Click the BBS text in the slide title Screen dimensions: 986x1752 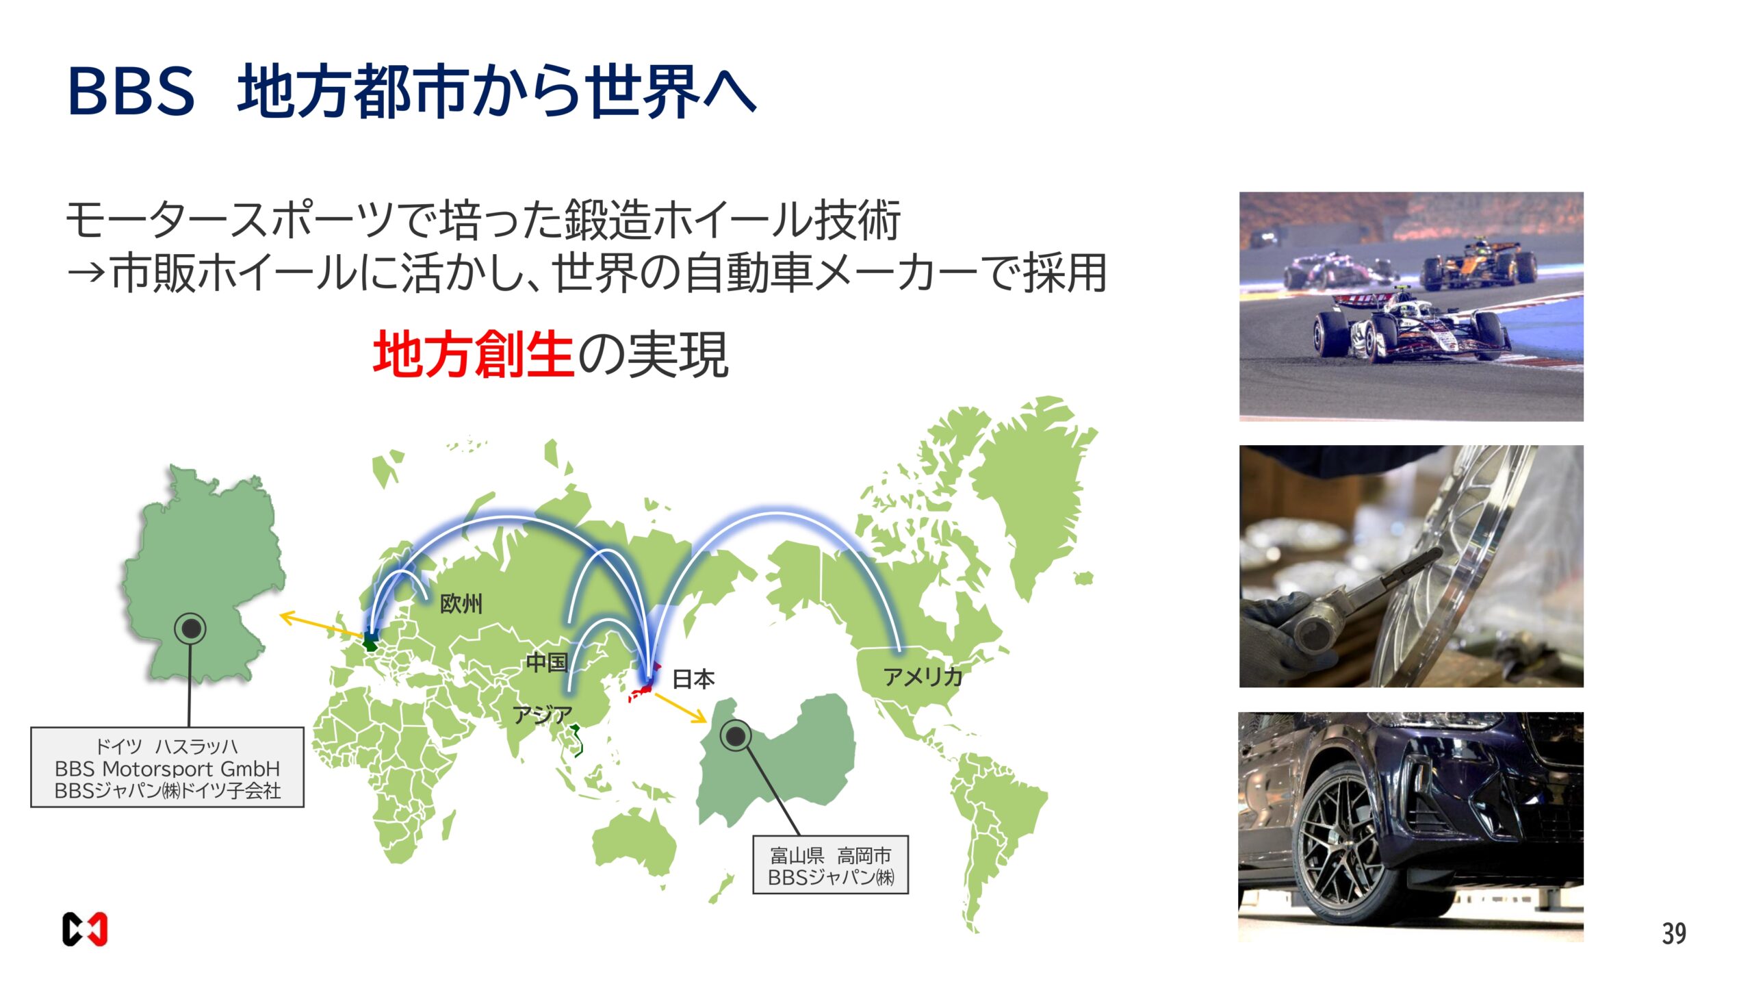131,91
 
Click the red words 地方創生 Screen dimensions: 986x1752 472,354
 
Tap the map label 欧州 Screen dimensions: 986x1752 461,603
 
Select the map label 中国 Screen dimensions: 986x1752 547,662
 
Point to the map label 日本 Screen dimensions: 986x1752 693,679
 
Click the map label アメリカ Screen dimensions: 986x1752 922,677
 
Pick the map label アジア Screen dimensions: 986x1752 542,715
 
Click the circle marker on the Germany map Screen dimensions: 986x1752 190,628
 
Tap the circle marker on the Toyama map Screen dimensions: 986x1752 736,736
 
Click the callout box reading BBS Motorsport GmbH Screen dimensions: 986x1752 167,768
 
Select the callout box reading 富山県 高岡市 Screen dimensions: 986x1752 830,865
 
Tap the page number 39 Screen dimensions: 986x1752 1673,933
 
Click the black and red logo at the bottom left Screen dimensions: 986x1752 85,929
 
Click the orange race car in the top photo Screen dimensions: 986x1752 1478,265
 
